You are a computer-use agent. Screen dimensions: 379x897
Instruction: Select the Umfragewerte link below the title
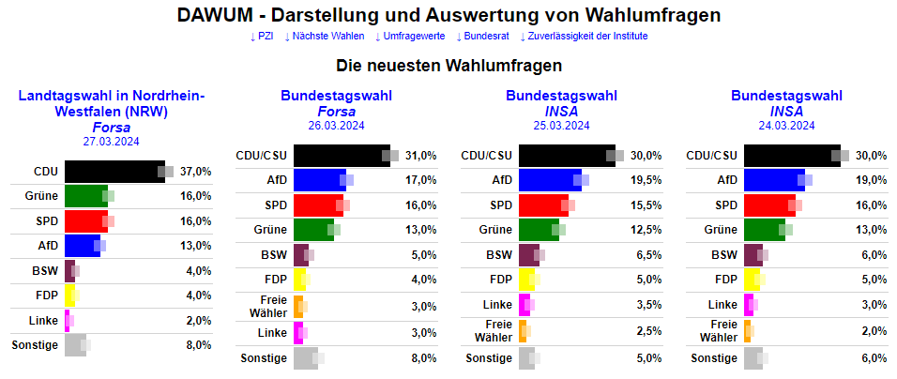click(410, 37)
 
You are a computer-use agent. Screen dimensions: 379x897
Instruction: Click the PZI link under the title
click(262, 37)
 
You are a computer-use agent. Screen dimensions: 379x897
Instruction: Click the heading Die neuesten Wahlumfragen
click(448, 67)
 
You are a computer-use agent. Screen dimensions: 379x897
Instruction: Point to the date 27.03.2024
click(111, 142)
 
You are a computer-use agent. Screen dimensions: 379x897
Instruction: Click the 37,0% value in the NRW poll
click(195, 172)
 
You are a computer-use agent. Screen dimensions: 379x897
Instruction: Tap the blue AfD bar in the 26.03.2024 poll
click(320, 180)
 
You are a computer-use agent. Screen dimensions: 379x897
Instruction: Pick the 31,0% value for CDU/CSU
click(420, 156)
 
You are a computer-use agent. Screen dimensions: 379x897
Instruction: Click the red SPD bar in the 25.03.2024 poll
click(543, 205)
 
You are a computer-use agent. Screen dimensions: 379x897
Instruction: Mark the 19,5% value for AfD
click(646, 180)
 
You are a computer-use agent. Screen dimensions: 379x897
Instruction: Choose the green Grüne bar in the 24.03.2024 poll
click(764, 230)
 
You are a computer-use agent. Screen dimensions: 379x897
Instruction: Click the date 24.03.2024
click(786, 126)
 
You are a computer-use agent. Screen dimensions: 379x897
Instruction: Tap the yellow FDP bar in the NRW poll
click(68, 296)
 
